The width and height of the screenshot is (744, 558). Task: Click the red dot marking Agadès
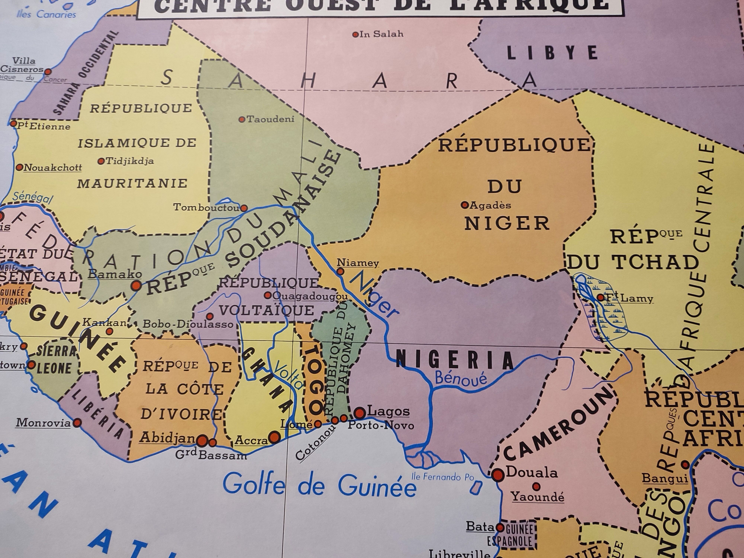pyautogui.click(x=465, y=204)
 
